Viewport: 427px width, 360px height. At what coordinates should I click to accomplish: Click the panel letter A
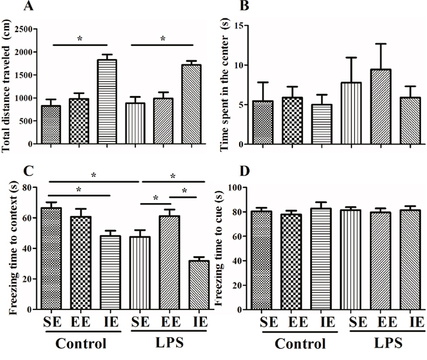click(x=9, y=7)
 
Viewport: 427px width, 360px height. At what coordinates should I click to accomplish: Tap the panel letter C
click(x=9, y=173)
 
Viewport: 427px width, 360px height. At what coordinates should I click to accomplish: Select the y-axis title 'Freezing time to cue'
click(x=231, y=248)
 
